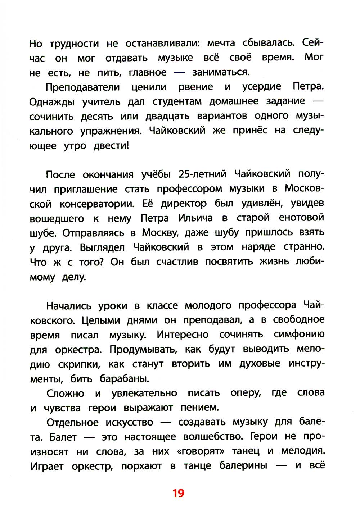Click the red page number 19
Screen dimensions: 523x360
(178, 493)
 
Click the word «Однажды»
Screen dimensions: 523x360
(52, 102)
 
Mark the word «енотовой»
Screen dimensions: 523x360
(301, 218)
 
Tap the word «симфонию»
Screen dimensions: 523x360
(299, 335)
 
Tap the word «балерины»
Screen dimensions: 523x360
(243, 466)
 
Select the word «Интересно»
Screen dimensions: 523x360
(183, 335)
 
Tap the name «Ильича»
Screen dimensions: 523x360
(195, 218)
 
